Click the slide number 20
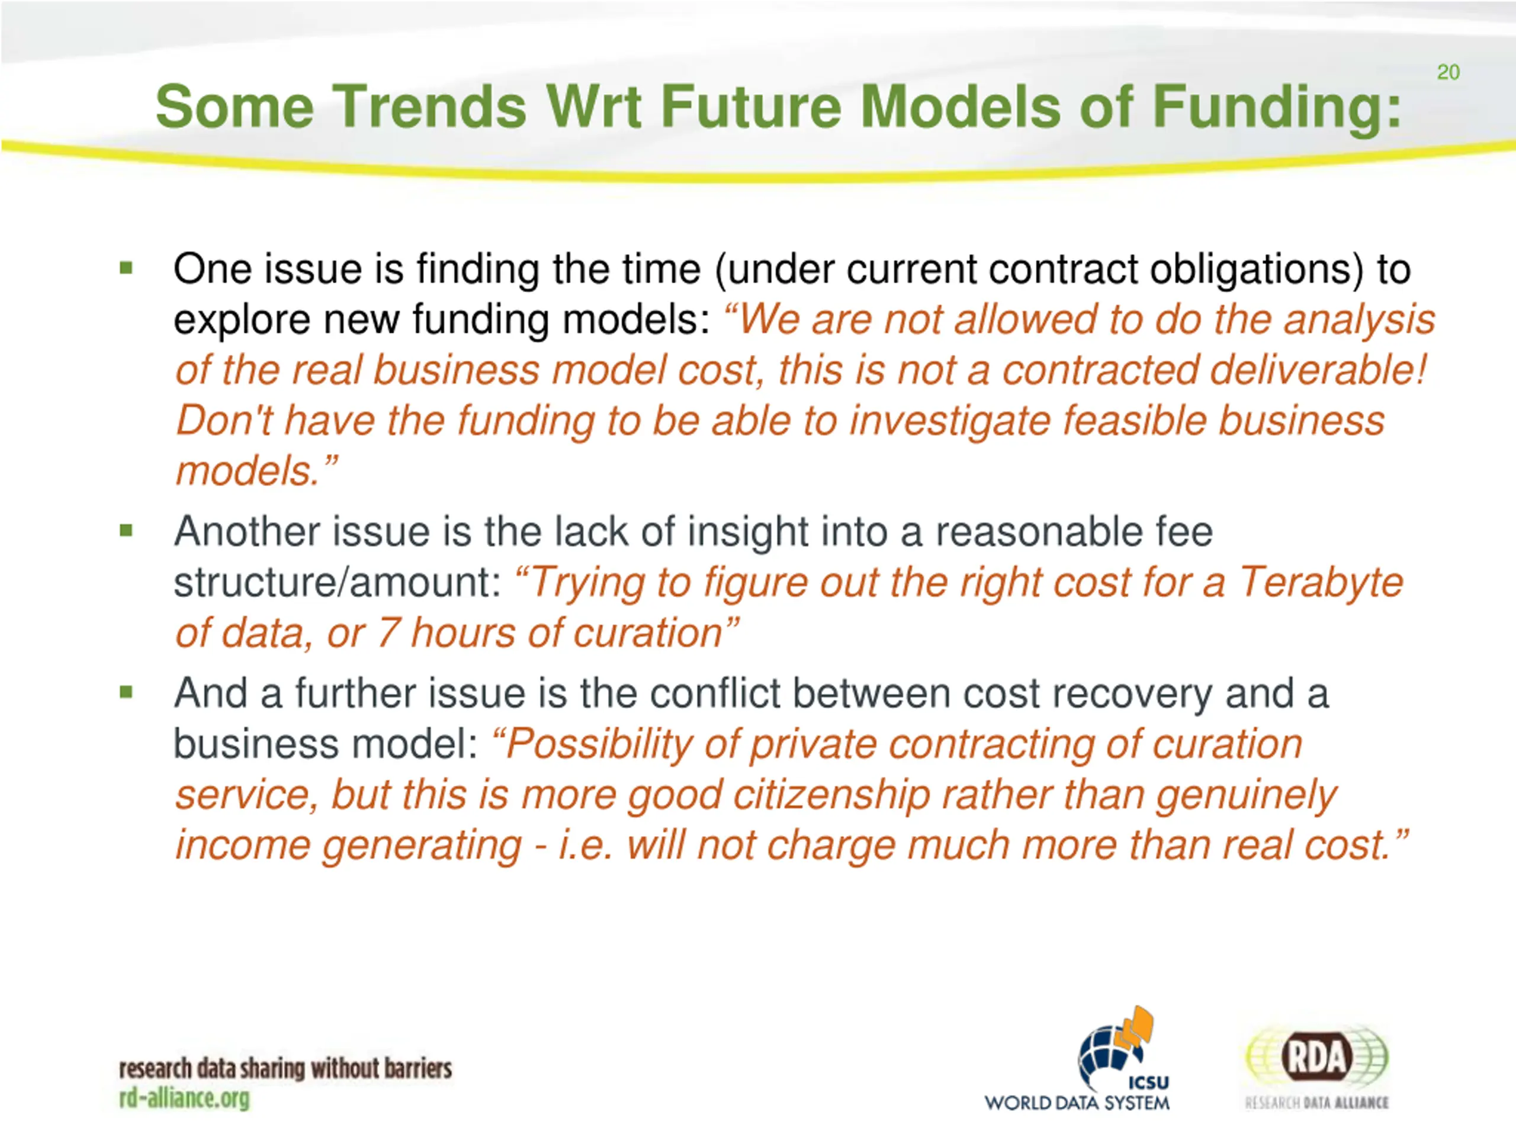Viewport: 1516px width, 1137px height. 1448,72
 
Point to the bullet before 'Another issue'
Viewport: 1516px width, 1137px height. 126,530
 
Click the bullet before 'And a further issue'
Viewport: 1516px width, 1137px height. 126,692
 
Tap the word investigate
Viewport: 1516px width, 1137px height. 949,422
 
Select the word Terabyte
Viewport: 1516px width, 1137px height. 1321,583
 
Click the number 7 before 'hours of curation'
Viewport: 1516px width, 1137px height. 387,633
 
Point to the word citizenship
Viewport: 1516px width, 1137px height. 831,796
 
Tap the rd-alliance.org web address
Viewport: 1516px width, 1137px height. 184,1099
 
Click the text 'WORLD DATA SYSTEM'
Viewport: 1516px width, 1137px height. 1077,1103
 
